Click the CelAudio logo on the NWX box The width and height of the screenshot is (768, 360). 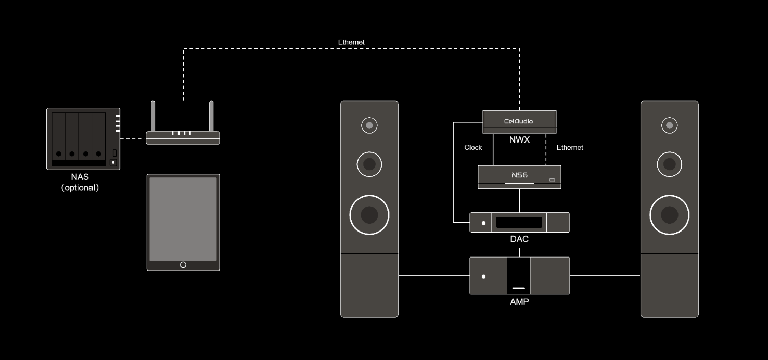519,121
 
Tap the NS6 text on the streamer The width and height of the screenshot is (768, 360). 519,175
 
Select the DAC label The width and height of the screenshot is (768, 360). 519,239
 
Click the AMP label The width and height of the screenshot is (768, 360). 519,302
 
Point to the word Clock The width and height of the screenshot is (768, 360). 473,148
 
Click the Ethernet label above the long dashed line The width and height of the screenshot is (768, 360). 351,42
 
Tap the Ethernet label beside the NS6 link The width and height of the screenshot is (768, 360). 570,148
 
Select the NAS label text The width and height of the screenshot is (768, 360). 80,177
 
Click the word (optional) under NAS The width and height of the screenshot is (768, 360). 80,188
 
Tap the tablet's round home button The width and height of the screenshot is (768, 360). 183,265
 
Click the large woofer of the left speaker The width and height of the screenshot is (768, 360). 369,214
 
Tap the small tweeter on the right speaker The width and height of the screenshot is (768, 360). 669,125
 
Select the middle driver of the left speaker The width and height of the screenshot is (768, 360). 369,164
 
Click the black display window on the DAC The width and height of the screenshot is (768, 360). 521,223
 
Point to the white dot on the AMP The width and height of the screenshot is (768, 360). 484,276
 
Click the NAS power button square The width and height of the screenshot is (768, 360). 113,162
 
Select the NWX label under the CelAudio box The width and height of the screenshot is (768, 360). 519,139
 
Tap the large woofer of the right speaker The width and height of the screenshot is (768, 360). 669,214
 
